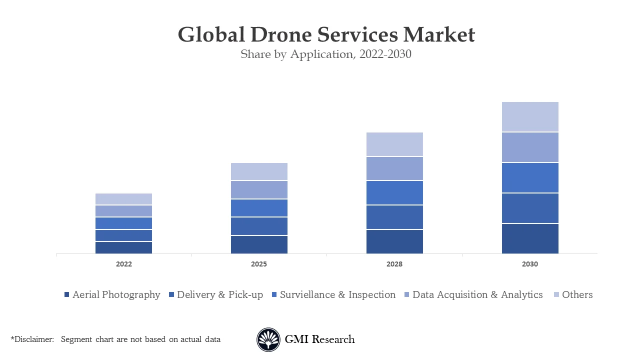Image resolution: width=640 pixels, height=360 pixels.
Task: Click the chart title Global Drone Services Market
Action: (x=326, y=35)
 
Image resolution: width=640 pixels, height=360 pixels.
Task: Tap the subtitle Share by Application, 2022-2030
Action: (x=326, y=54)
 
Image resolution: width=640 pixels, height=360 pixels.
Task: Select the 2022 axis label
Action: (x=123, y=264)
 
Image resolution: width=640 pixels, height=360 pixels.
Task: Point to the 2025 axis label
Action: (x=259, y=264)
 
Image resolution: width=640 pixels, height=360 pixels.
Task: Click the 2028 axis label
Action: (x=394, y=264)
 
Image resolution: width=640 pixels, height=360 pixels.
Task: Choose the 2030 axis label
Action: (x=530, y=264)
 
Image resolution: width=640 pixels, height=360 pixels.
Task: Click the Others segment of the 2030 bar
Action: (x=530, y=117)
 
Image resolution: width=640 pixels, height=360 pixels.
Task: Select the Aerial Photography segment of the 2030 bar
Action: (x=530, y=238)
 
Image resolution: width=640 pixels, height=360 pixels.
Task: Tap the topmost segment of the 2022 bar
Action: (x=123, y=199)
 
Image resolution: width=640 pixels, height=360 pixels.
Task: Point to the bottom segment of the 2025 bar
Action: (x=259, y=244)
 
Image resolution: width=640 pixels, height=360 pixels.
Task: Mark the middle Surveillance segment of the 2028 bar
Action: (x=394, y=192)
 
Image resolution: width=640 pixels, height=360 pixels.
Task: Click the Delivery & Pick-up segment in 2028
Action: (x=394, y=217)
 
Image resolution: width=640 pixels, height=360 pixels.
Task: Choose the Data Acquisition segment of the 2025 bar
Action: (x=259, y=190)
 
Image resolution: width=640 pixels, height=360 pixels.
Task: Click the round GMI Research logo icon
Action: (x=268, y=340)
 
